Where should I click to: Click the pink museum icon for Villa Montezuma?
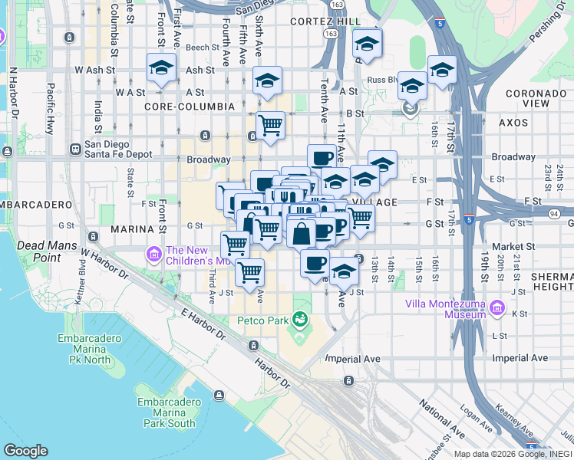click(x=497, y=308)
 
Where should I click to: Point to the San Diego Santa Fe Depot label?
click(x=113, y=149)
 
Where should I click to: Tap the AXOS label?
click(x=513, y=122)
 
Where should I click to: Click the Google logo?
click(x=25, y=451)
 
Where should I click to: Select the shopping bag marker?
click(x=302, y=233)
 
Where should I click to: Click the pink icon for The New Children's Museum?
click(x=153, y=253)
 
